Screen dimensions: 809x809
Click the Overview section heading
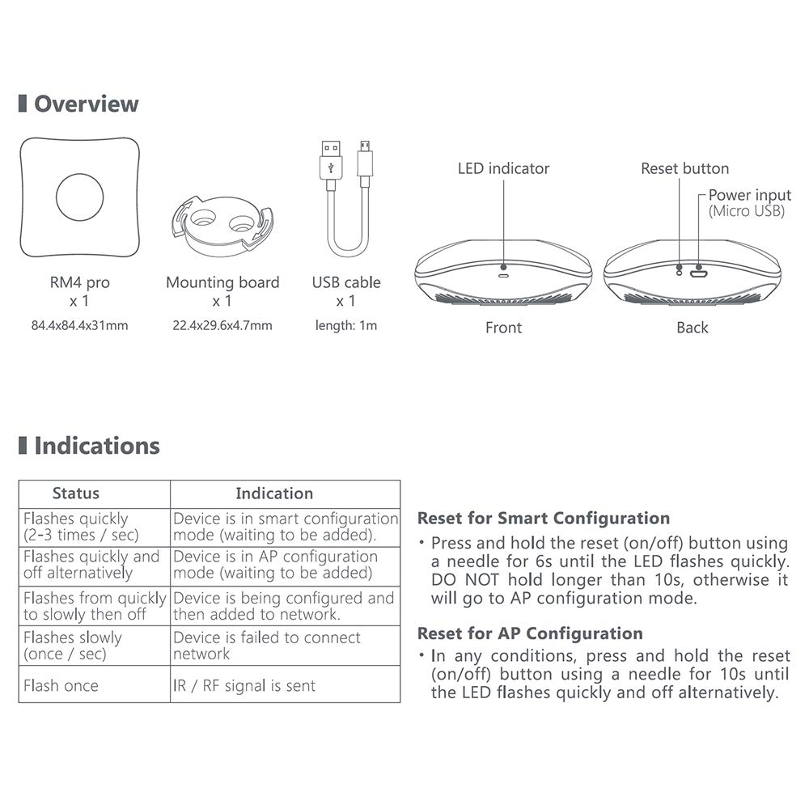click(x=86, y=104)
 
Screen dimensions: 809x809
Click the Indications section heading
click(x=96, y=446)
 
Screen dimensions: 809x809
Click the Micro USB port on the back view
click(x=698, y=273)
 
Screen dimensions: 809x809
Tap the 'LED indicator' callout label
click(x=503, y=169)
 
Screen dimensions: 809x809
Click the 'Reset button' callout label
click(x=684, y=169)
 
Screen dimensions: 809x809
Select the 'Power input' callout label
click(x=749, y=195)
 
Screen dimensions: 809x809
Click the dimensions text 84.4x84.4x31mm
click(x=79, y=326)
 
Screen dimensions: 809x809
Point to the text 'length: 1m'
click(x=345, y=326)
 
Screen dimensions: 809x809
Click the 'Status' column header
click(x=76, y=493)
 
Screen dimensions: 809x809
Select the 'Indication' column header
click(x=274, y=493)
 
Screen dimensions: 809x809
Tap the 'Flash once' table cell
click(x=61, y=686)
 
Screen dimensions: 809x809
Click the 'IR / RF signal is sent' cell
click(x=244, y=686)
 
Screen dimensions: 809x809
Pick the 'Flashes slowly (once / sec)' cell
click(x=73, y=646)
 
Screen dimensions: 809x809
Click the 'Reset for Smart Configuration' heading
click(x=544, y=519)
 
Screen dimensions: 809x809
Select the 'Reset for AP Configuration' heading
click(x=530, y=633)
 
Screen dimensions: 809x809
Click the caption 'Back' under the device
click(x=692, y=328)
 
